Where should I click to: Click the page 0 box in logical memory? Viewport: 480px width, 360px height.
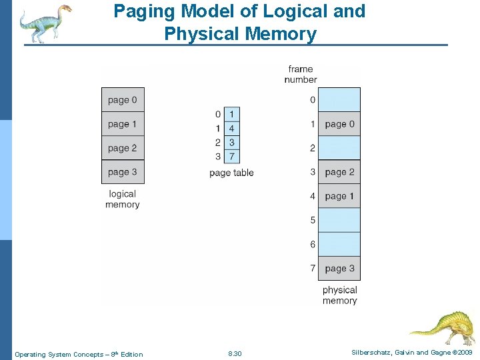click(x=123, y=100)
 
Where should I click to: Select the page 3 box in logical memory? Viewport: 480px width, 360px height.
click(x=123, y=172)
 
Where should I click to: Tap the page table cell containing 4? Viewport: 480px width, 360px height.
click(x=231, y=128)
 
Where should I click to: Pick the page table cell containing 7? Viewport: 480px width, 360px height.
click(x=231, y=157)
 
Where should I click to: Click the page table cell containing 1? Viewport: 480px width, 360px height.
click(x=231, y=115)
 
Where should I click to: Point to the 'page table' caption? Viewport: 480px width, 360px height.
click(x=231, y=173)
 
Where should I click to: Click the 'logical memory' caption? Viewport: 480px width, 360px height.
click(x=123, y=199)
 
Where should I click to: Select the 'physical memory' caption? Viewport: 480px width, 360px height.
click(x=339, y=295)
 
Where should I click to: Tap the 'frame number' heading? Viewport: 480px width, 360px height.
click(x=301, y=74)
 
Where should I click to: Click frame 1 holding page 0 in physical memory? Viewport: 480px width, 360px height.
click(x=339, y=124)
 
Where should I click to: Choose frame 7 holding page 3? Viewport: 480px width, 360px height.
click(x=339, y=269)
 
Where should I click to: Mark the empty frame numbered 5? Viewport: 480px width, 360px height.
click(x=339, y=220)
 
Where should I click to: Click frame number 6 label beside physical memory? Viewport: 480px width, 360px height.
click(x=313, y=245)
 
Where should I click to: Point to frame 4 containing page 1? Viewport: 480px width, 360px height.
click(x=339, y=196)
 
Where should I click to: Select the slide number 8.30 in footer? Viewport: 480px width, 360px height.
click(x=235, y=354)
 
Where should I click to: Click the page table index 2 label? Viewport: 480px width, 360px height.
click(x=218, y=143)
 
